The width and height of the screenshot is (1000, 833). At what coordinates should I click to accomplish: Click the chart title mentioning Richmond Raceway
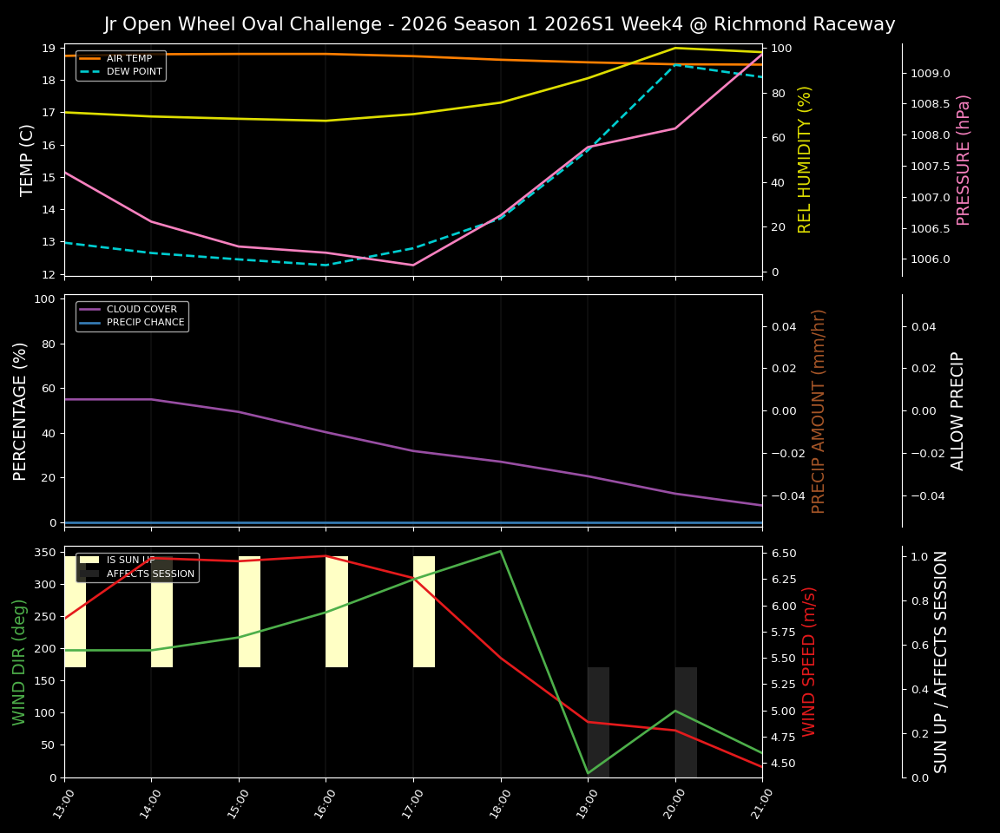pyautogui.click(x=499, y=24)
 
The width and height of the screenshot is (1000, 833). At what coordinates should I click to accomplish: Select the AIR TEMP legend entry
pyautogui.click(x=128, y=58)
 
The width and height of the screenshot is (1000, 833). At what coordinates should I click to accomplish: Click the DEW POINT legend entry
pyautogui.click(x=134, y=72)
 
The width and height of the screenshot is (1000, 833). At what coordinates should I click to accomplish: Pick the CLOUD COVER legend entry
pyautogui.click(x=141, y=309)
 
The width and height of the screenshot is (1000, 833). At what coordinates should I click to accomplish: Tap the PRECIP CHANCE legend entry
pyautogui.click(x=145, y=323)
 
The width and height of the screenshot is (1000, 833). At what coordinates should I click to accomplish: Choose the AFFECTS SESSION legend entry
pyautogui.click(x=150, y=574)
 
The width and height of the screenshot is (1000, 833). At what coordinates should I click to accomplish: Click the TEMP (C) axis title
pyautogui.click(x=27, y=160)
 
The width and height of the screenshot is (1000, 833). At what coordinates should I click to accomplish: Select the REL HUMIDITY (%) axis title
pyautogui.click(x=805, y=160)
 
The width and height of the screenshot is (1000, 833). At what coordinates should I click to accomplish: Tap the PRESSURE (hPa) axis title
pyautogui.click(x=964, y=160)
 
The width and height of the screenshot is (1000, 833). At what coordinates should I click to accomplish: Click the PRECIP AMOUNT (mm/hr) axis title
pyautogui.click(x=819, y=410)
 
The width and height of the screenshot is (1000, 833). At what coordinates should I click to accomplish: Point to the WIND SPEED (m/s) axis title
pyautogui.click(x=809, y=661)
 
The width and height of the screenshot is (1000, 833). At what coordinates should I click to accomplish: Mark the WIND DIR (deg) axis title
pyautogui.click(x=19, y=661)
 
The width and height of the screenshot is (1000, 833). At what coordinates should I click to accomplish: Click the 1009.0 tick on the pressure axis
pyautogui.click(x=930, y=73)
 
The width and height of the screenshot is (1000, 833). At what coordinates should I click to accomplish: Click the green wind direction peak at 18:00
pyautogui.click(x=500, y=551)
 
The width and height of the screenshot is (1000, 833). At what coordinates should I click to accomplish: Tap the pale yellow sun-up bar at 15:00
pyautogui.click(x=249, y=612)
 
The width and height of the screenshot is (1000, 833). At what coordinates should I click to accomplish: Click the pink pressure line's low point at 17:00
pyautogui.click(x=412, y=265)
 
